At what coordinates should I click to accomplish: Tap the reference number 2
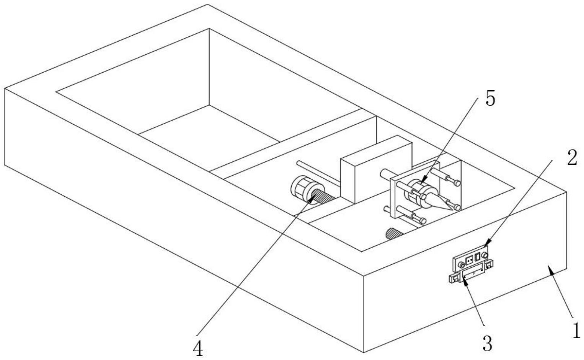(572, 158)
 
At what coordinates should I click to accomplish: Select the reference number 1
(576, 330)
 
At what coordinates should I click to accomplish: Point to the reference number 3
(487, 343)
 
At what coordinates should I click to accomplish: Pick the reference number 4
(198, 349)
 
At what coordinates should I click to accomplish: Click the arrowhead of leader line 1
(550, 269)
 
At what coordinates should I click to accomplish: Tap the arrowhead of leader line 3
(465, 281)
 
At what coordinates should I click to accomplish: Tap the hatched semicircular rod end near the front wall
(394, 233)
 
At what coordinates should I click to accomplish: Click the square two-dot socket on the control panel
(469, 260)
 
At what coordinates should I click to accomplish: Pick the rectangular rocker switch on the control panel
(477, 257)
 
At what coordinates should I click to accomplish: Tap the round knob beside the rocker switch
(484, 255)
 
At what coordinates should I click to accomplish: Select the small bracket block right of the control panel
(489, 265)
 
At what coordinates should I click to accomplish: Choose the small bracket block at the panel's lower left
(455, 279)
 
